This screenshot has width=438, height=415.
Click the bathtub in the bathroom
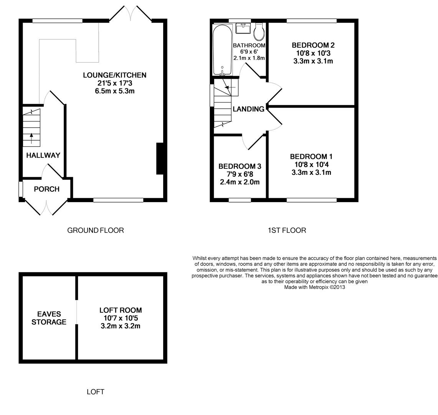tap(222, 50)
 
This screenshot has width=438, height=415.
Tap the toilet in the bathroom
tap(259, 32)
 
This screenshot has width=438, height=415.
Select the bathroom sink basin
tap(243, 28)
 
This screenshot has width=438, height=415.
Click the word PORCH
tap(47, 189)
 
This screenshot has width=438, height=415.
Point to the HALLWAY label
tap(43, 155)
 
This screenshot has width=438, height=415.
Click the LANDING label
tap(249, 109)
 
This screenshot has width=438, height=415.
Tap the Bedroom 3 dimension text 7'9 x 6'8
tap(240, 174)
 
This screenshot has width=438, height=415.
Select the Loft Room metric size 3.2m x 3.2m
tap(121, 326)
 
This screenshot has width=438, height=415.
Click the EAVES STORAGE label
tap(49, 318)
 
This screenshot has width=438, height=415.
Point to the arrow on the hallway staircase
tap(31, 138)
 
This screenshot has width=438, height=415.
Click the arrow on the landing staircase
tap(230, 88)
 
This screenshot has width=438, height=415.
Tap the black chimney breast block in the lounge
tap(160, 159)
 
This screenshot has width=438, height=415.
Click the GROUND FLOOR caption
tap(96, 231)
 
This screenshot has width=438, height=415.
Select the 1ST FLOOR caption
tap(287, 231)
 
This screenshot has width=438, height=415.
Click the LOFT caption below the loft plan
tap(96, 392)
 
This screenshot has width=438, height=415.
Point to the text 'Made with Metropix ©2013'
tap(314, 287)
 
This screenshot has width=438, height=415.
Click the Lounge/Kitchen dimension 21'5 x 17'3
tap(114, 83)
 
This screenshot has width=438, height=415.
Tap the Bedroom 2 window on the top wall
tap(311, 21)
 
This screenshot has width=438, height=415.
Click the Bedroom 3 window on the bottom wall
tap(240, 200)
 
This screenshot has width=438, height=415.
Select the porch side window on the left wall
tap(21, 189)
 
